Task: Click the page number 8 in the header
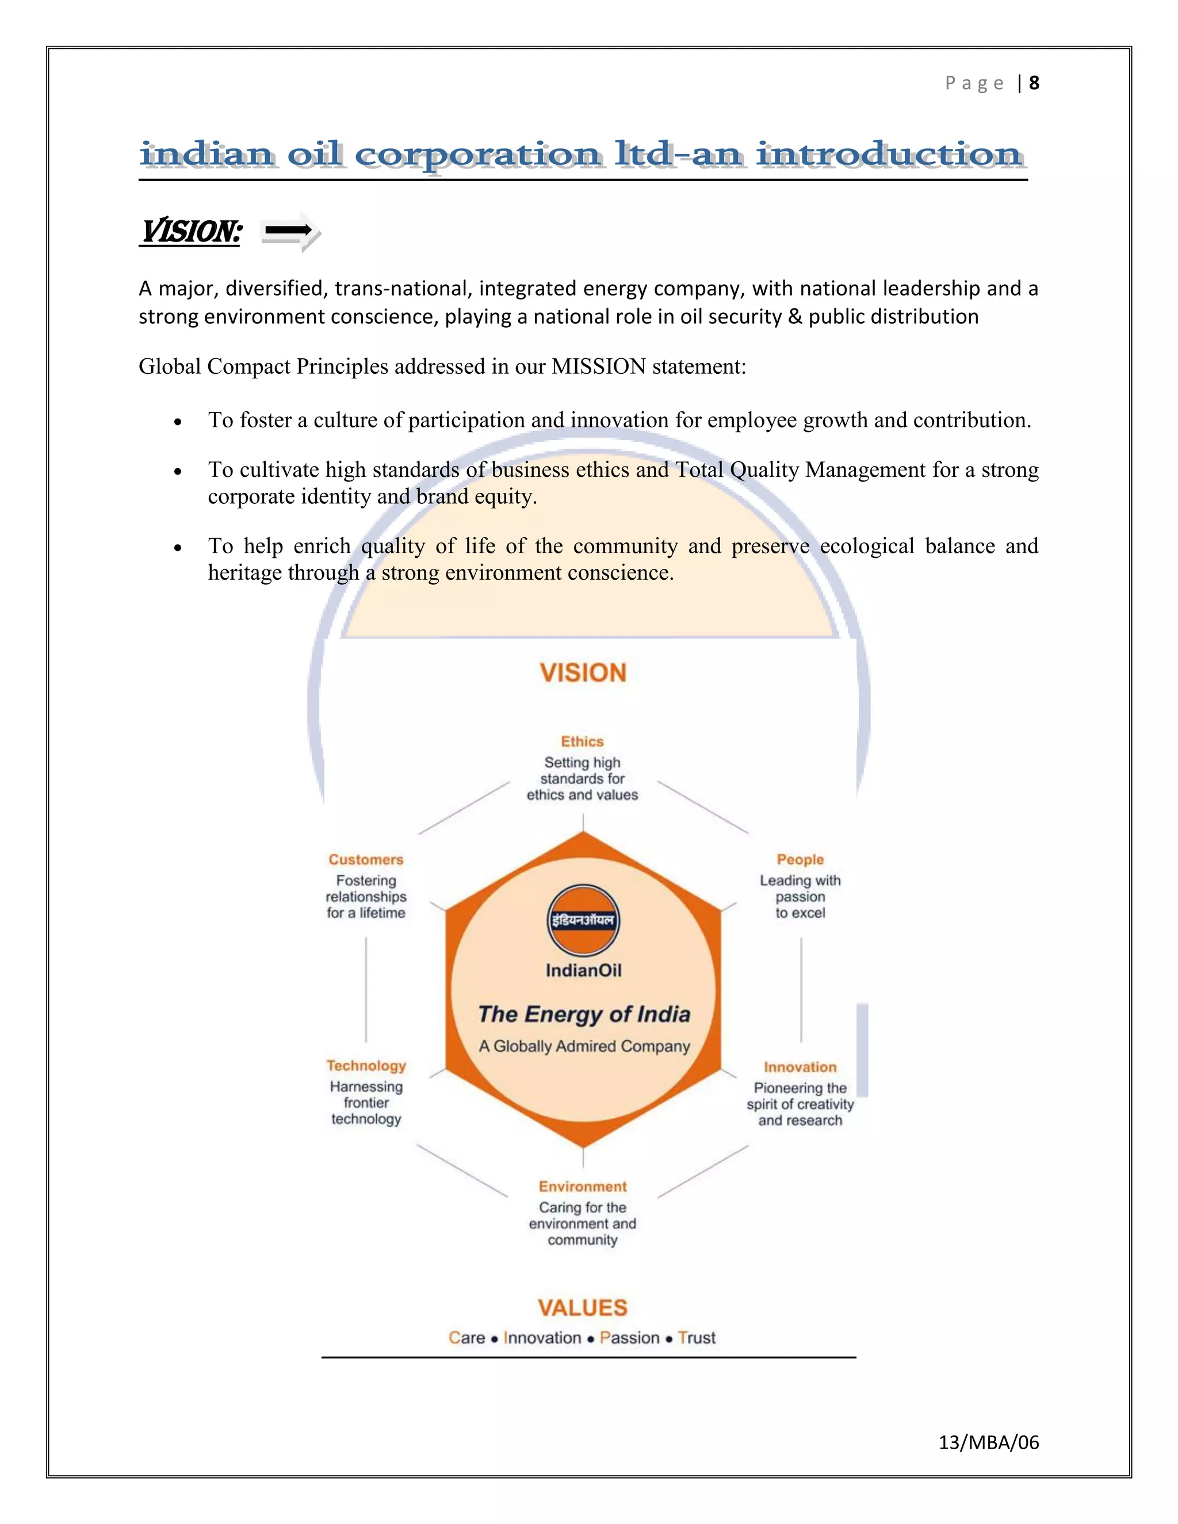click(x=1034, y=83)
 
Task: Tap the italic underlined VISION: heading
click(x=191, y=232)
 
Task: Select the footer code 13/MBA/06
click(x=988, y=1442)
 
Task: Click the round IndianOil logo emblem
click(x=583, y=920)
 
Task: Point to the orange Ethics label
click(x=582, y=742)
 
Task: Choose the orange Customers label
click(x=366, y=860)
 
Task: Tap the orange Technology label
click(x=366, y=1066)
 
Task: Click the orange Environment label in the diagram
click(x=582, y=1186)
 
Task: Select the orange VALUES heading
click(x=582, y=1308)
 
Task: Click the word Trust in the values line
click(x=697, y=1338)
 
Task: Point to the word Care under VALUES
click(x=466, y=1338)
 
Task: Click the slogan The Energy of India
click(x=583, y=1014)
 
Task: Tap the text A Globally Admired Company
click(x=583, y=1046)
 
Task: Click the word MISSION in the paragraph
click(x=599, y=366)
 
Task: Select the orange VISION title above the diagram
click(x=583, y=673)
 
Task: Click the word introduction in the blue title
click(x=890, y=155)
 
